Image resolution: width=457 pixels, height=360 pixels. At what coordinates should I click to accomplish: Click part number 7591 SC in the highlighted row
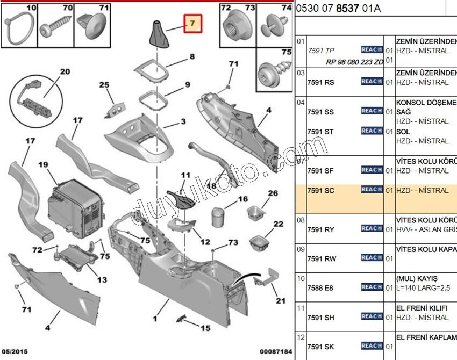[320, 190]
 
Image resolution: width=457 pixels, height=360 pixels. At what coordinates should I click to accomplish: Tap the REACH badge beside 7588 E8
[372, 287]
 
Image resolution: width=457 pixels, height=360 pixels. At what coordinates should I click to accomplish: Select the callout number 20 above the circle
[65, 71]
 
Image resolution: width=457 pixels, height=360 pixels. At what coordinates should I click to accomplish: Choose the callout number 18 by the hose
[211, 186]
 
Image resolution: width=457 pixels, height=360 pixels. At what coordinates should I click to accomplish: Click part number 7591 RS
[320, 82]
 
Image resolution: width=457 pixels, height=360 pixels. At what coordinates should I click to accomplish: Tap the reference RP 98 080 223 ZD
[355, 62]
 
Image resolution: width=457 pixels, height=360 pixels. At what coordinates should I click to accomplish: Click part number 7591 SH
[320, 318]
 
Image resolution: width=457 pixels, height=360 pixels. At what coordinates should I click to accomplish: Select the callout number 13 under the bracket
[102, 280]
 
